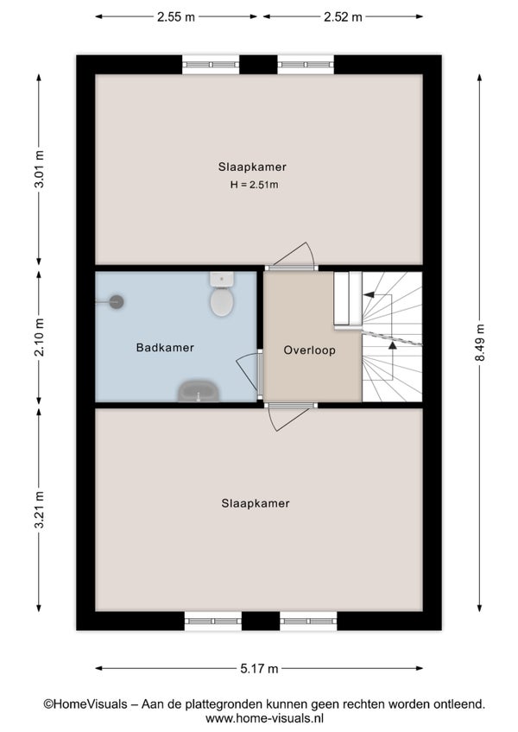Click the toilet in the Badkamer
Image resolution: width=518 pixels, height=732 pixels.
[221, 294]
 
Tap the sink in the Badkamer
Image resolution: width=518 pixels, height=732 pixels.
[199, 391]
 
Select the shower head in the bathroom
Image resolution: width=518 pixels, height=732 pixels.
[117, 302]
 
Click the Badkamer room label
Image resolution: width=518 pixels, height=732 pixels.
[165, 347]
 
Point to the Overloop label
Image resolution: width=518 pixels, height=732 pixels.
[310, 350]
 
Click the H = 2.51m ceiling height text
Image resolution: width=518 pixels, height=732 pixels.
[254, 185]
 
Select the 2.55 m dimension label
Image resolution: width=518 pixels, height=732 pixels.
[175, 16]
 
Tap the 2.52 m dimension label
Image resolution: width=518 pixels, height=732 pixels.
[343, 16]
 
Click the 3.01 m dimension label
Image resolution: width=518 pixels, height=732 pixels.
[39, 169]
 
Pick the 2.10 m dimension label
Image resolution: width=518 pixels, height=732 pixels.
[39, 337]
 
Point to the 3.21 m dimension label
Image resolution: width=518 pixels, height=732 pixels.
[39, 510]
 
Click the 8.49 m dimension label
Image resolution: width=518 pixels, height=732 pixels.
[480, 343]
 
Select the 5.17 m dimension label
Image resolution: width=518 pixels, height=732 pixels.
[259, 668]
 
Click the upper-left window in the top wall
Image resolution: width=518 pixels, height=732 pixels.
[211, 65]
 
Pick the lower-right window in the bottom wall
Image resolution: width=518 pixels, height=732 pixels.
[308, 621]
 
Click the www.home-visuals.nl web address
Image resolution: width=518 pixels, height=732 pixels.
[264, 718]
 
